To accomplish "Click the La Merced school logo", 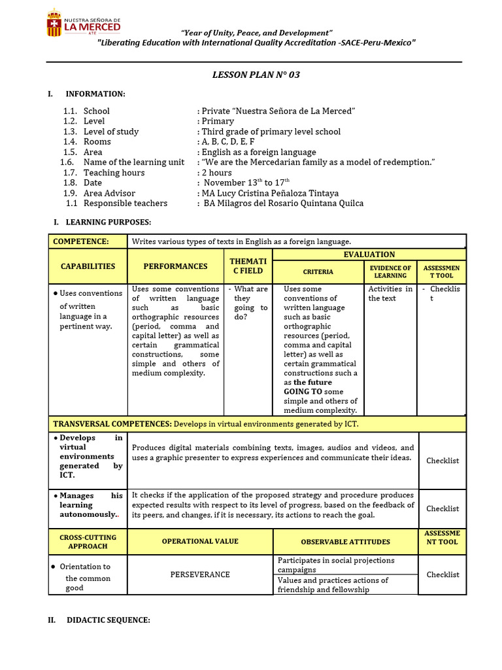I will [x=83, y=26].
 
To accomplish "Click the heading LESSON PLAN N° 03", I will [x=256, y=75].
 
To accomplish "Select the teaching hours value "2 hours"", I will [x=216, y=173].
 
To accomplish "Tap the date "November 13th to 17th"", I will [x=246, y=183].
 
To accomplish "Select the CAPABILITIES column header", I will [x=88, y=266].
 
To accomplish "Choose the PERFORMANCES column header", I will [x=176, y=266].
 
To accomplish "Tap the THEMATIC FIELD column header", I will [x=248, y=266].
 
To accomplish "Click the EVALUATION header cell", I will [x=369, y=255].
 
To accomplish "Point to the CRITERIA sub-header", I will [x=318, y=272].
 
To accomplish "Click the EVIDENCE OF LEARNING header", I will [x=390, y=272].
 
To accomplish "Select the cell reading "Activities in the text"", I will [x=390, y=293].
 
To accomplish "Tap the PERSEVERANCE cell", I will [x=200, y=574].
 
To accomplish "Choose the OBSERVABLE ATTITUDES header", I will [x=345, y=542].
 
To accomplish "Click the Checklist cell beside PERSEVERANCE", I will [x=443, y=574].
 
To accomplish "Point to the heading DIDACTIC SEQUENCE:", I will [x=109, y=620].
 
